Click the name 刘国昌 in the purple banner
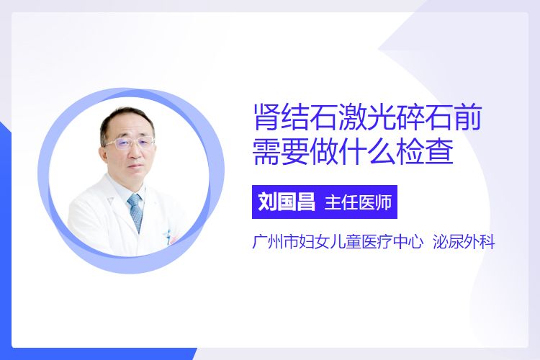(287, 202)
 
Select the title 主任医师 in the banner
(358, 202)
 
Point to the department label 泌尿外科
(464, 242)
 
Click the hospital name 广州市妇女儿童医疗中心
(338, 242)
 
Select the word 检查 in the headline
(425, 151)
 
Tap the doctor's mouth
(135, 168)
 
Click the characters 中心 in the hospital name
(408, 242)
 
